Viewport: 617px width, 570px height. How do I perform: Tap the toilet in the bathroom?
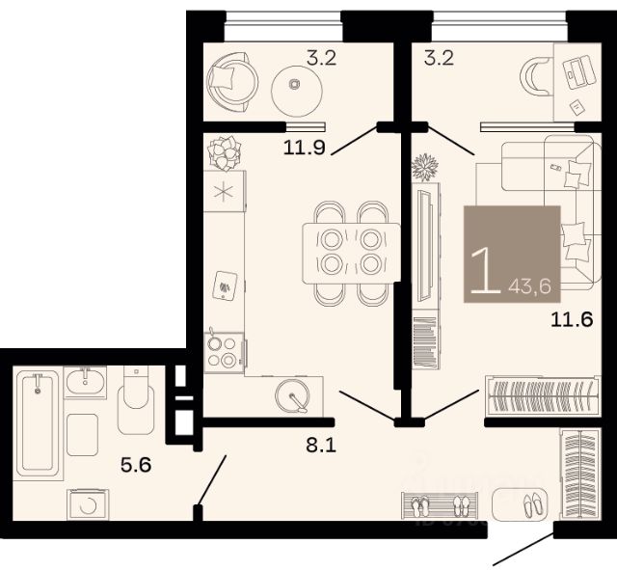[136, 399]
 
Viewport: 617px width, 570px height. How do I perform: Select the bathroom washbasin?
[85, 382]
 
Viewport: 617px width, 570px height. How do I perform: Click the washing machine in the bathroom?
[88, 504]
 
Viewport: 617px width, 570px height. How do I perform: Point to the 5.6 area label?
[136, 466]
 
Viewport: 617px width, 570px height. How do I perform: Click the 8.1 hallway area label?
[321, 446]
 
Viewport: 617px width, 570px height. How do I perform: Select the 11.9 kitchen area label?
[305, 148]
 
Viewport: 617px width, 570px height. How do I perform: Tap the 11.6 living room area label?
[572, 319]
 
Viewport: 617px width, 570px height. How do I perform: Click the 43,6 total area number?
[529, 286]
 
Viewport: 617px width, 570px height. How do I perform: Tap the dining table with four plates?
[351, 253]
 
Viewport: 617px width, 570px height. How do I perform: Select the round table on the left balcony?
[297, 91]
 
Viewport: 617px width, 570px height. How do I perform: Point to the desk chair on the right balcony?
[536, 77]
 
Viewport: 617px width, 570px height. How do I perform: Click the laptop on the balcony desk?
[578, 70]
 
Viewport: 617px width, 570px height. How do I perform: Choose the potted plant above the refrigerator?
[225, 152]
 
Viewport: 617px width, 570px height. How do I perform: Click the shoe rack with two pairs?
[440, 505]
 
